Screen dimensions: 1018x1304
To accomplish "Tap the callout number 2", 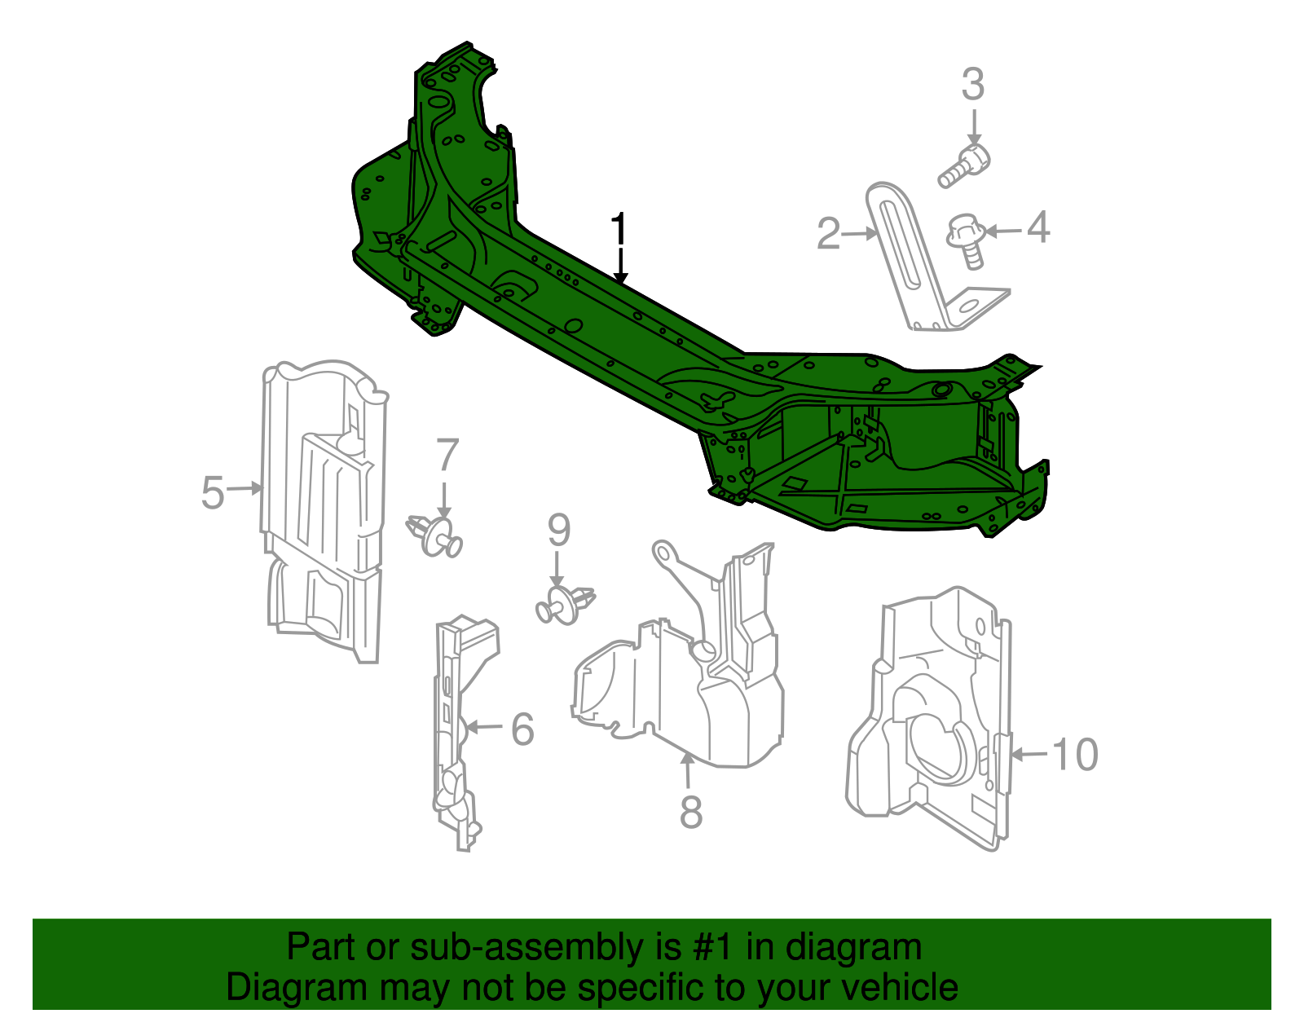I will (x=828, y=234).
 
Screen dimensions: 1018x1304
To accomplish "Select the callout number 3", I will (x=973, y=85).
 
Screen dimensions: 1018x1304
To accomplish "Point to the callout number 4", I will (x=1037, y=227).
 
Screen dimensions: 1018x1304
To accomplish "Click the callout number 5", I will (x=213, y=492).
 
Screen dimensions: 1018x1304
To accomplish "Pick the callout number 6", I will (x=522, y=729).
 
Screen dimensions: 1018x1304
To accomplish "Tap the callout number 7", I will (x=447, y=455).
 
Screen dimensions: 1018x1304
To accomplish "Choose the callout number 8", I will (x=691, y=812).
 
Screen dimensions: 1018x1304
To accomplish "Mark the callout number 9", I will (x=558, y=531).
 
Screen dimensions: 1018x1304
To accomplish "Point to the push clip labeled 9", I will (x=565, y=605).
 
